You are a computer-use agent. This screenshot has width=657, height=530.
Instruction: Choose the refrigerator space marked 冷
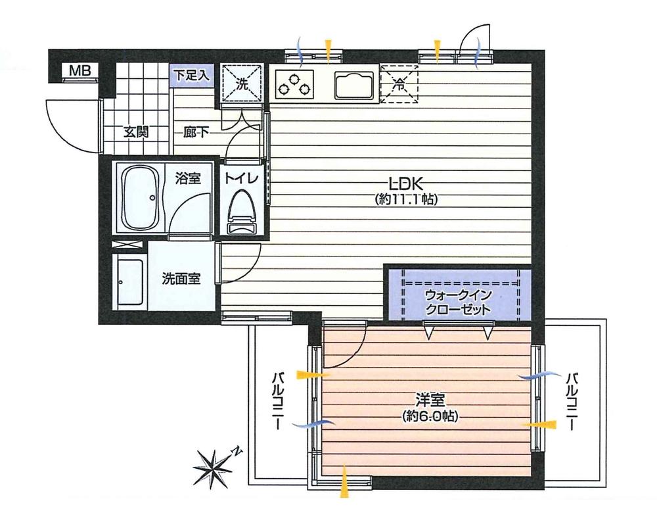[x=399, y=84]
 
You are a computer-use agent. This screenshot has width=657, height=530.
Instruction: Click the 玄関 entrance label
[x=136, y=132]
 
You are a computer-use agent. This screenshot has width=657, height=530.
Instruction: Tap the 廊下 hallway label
[x=196, y=132]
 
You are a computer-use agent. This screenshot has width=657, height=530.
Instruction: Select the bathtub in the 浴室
[x=140, y=197]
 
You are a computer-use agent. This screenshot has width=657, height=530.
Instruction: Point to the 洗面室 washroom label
[x=181, y=278]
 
